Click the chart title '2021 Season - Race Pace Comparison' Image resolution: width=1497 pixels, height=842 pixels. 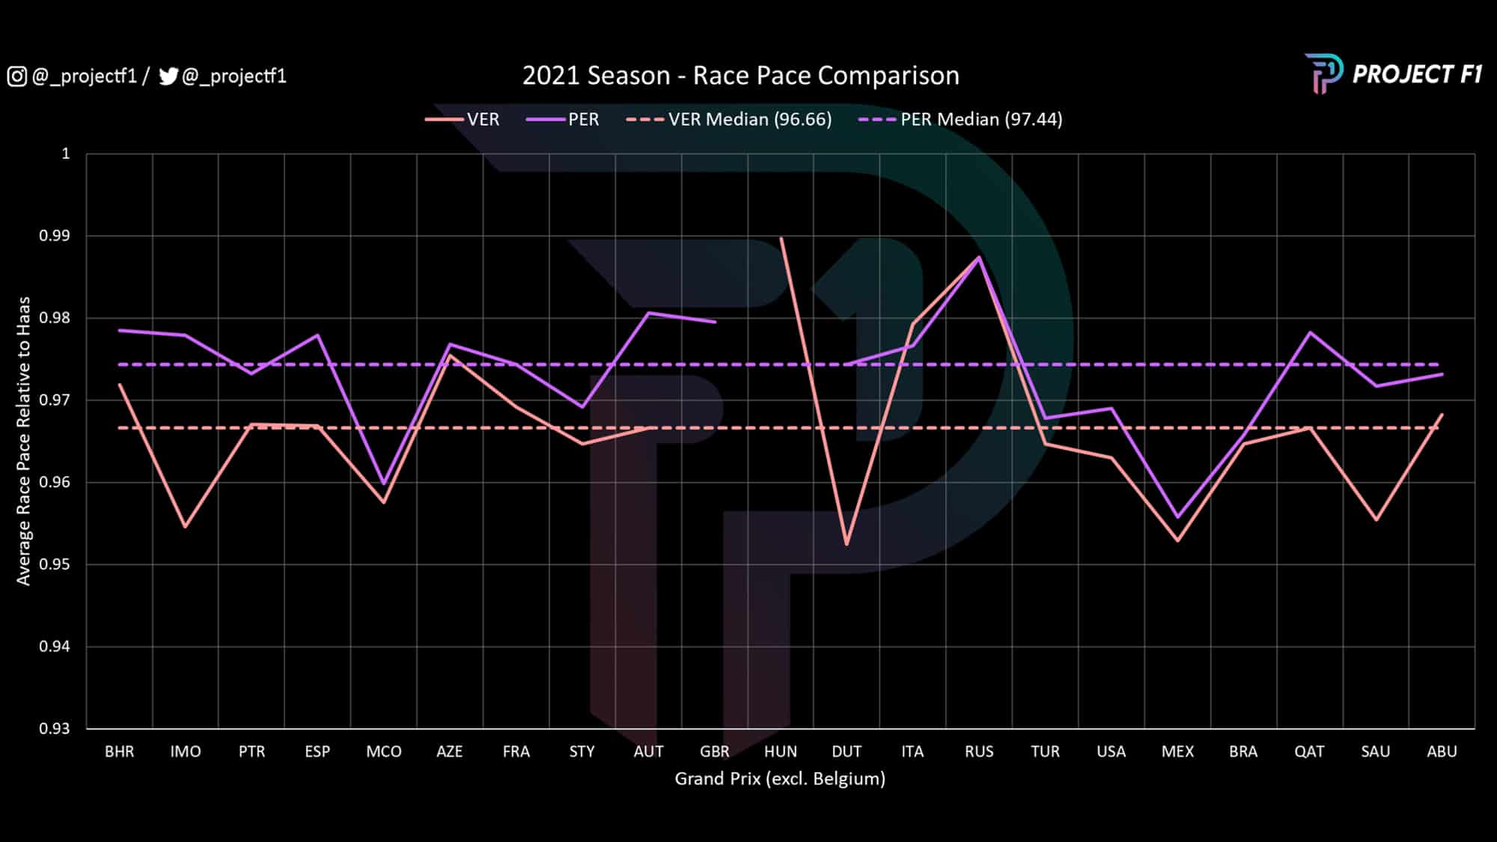pos(740,76)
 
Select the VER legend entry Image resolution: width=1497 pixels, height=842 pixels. pos(463,120)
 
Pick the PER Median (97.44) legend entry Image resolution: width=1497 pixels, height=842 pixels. pos(960,120)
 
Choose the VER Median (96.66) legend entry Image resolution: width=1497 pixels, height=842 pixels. pos(729,120)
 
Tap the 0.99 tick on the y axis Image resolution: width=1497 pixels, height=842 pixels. pos(54,236)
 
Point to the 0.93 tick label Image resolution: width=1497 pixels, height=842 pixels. pos(54,728)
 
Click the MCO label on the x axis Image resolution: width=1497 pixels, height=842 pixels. pos(383,751)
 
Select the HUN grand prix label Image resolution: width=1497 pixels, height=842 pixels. pos(781,751)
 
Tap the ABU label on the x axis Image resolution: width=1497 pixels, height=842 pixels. pos(1442,751)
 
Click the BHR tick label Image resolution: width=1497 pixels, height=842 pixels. pos(120,751)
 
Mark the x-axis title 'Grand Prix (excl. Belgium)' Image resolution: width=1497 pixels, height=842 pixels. pos(780,778)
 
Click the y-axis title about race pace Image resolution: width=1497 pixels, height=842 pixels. pos(24,441)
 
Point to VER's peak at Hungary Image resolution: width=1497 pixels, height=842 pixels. pos(781,238)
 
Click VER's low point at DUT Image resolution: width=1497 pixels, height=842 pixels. pos(847,544)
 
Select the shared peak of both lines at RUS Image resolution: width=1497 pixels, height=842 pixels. pos(979,257)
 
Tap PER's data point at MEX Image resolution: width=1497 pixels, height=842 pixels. pos(1177,517)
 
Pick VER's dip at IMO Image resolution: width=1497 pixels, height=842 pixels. pos(185,527)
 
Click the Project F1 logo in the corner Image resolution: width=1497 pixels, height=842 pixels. pos(1393,73)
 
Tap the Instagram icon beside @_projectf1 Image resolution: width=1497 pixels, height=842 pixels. pos(17,76)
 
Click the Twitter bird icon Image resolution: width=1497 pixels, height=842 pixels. pos(168,76)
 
